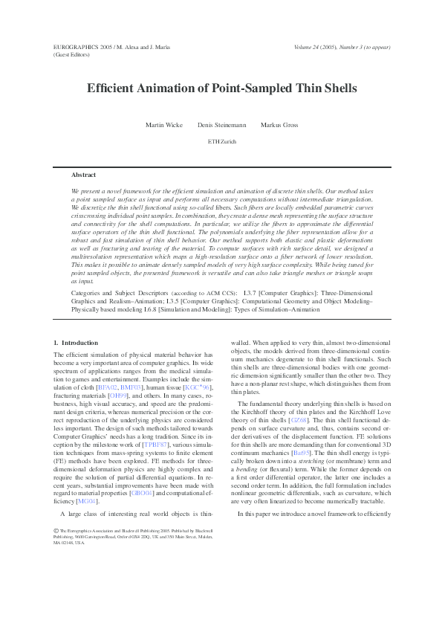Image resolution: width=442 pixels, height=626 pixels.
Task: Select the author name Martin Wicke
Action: point(163,125)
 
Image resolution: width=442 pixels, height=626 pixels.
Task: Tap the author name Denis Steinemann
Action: point(221,125)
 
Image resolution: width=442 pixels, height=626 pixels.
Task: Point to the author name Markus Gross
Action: point(280,125)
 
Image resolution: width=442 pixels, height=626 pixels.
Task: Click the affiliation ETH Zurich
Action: point(221,141)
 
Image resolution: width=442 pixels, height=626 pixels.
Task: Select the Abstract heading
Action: point(83,175)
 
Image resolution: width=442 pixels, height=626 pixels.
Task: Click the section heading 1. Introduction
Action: point(76,343)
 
